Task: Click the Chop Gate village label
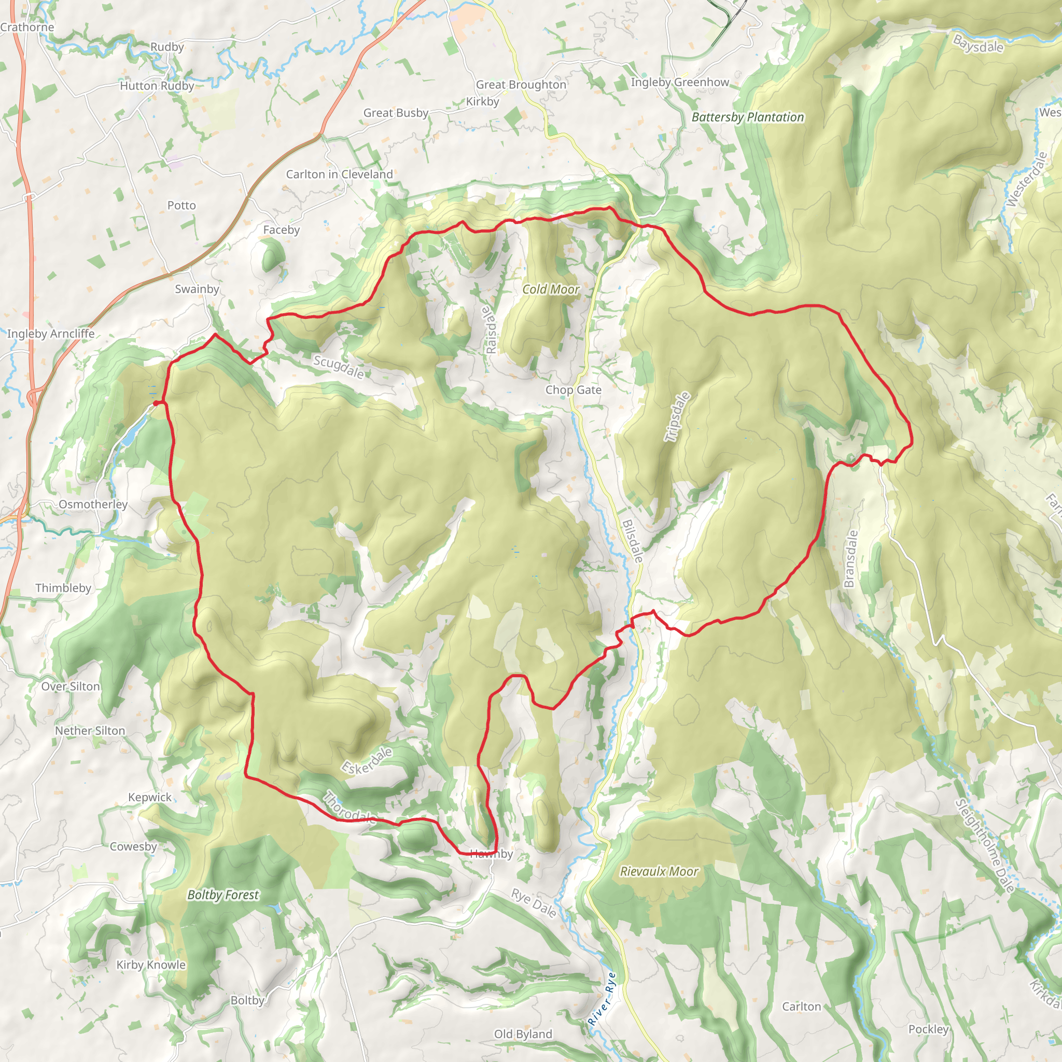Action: [573, 390]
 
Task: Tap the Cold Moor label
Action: [550, 289]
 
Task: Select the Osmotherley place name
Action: [93, 504]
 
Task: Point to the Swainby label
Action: [197, 289]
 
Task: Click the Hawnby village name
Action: [492, 854]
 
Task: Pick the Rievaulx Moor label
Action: [659, 871]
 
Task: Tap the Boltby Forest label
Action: [222, 895]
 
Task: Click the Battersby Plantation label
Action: [747, 117]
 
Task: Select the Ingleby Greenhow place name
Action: [679, 82]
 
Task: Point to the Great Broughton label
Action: [521, 84]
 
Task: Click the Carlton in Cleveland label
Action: [339, 174]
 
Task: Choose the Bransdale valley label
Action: [850, 558]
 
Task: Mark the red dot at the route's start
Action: [156, 403]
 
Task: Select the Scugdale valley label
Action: [339, 367]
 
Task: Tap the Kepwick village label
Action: [149, 797]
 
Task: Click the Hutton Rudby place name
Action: [157, 86]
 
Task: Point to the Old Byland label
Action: [523, 1034]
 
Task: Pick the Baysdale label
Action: [978, 44]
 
